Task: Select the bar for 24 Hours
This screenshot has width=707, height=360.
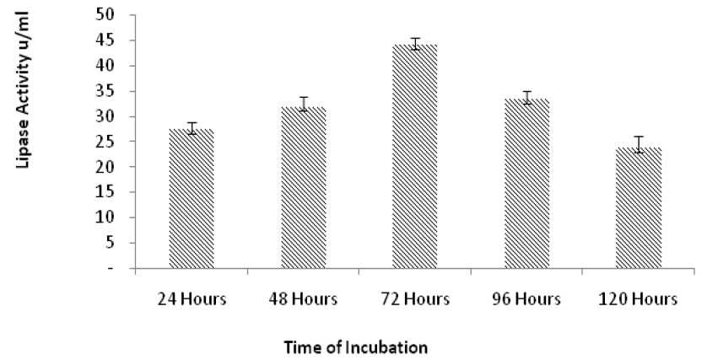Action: tap(192, 199)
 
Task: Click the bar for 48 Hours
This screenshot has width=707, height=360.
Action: tap(304, 187)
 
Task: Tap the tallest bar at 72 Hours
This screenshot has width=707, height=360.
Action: tap(415, 156)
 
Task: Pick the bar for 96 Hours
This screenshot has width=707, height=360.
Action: tap(526, 184)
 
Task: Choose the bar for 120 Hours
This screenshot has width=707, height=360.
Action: tap(639, 207)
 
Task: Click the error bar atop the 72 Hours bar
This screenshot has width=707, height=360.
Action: tap(415, 44)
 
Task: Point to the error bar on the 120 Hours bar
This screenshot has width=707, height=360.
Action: tap(639, 144)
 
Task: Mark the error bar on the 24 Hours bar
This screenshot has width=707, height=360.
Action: tap(192, 128)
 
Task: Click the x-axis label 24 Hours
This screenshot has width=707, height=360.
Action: tap(192, 299)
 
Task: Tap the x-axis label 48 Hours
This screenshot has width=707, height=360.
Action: tap(303, 299)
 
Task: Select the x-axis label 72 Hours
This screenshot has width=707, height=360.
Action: tap(415, 299)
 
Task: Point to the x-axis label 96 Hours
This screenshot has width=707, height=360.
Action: tap(526, 299)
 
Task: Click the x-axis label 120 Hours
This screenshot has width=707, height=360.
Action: tap(638, 299)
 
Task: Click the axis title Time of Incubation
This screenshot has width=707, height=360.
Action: tap(356, 348)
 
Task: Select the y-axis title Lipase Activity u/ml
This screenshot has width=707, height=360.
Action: tap(24, 90)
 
